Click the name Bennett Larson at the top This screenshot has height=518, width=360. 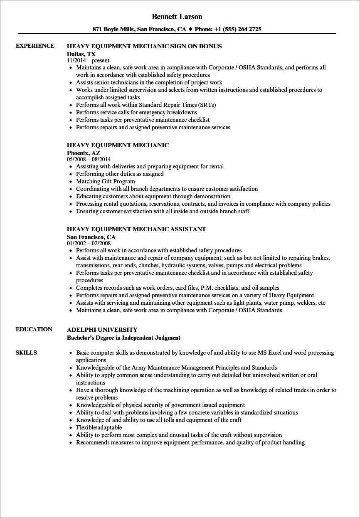coord(177,17)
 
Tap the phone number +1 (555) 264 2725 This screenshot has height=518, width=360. coord(238,29)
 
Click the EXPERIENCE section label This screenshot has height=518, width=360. coord(35,46)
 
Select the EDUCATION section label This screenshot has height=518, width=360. coord(34,329)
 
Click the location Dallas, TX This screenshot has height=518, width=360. coord(81,54)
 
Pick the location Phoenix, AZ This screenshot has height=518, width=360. coord(84,153)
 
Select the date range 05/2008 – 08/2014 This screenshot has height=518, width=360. coord(89,159)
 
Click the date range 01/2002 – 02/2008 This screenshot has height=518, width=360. coord(89,243)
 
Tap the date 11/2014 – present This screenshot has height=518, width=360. coord(88,60)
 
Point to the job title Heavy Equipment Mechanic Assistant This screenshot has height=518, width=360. coord(136,229)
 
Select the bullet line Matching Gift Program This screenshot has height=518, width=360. coord(106,181)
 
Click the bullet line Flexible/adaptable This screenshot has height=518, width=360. coord(99,427)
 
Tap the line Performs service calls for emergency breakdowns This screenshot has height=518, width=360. coord(137,112)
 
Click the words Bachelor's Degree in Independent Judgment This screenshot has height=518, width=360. coord(123,338)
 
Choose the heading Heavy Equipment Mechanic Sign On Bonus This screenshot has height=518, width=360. coord(144,46)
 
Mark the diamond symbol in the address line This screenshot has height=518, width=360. coord(190,29)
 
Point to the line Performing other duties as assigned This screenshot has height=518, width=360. coord(120,174)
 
